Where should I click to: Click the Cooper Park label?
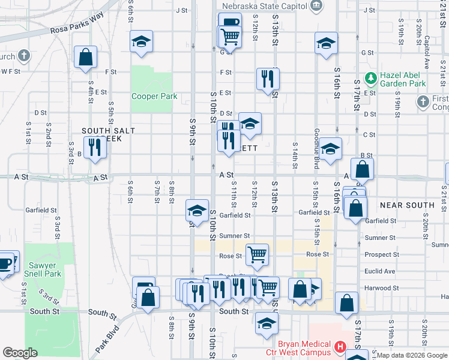tap(154, 96)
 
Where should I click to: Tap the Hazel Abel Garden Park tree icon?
tap(371, 77)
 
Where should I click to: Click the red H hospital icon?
tap(340, 347)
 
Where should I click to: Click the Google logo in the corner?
tap(20, 353)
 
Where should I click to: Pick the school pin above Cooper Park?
tap(142, 41)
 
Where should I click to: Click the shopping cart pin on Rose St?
tap(257, 253)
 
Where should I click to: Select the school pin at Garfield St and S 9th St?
tap(196, 210)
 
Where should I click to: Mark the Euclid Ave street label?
tap(379, 271)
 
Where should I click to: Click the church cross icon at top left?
tap(23, 56)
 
